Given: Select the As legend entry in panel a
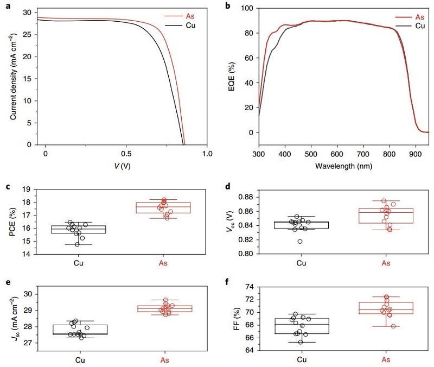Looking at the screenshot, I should pos(188,16).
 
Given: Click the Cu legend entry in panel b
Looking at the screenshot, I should pos(419,26).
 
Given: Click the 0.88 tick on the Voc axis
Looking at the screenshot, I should pos(247,197).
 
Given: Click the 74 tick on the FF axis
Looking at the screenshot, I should pos(250,286).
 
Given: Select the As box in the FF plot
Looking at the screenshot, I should pos(386,308).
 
